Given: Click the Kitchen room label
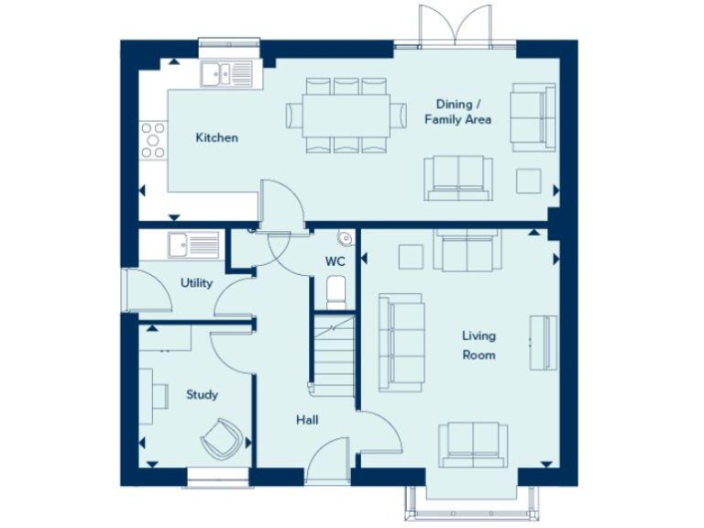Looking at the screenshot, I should [x=216, y=138].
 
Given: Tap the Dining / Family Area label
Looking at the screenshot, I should [x=457, y=113].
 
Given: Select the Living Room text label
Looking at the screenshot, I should [x=478, y=345].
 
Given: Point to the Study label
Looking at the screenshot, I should [x=202, y=395].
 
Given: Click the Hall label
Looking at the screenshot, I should [x=307, y=420].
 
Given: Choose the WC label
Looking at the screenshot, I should [x=335, y=261].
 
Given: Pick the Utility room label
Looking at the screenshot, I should [x=196, y=283].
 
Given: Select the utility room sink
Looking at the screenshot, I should [x=193, y=245].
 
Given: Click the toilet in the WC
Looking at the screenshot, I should [x=336, y=291].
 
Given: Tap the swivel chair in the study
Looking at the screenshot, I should [x=221, y=439].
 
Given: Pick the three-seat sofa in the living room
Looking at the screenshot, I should [x=401, y=342].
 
